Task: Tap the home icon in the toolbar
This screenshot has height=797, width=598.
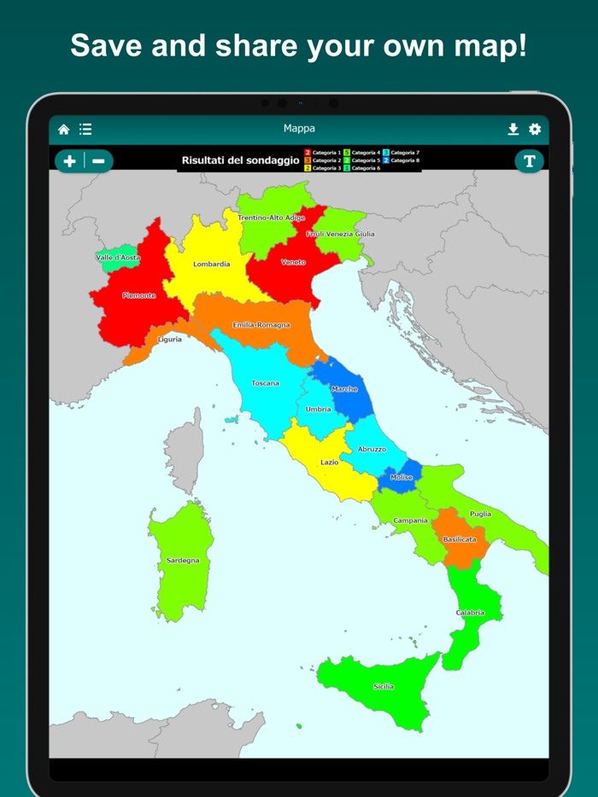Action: [x=64, y=130]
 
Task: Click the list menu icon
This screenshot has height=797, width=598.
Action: [x=85, y=130]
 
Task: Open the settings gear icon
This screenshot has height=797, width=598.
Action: [x=535, y=130]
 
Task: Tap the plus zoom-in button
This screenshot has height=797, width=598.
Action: [x=70, y=160]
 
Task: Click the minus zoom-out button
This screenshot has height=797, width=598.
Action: [x=99, y=160]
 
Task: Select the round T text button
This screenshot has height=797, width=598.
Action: [x=529, y=160]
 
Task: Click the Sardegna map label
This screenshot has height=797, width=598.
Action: [x=183, y=561]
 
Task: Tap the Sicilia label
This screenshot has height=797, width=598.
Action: [x=384, y=686]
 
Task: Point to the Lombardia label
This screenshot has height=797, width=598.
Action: [x=211, y=265]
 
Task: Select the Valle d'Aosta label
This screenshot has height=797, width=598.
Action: [x=118, y=257]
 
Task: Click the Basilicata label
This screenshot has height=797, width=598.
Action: [x=460, y=539]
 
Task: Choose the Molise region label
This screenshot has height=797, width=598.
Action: [x=402, y=478]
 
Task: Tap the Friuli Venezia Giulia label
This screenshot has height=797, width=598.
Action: [x=340, y=234]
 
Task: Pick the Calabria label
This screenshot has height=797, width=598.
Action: [x=470, y=613]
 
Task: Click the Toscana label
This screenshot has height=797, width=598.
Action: [x=265, y=383]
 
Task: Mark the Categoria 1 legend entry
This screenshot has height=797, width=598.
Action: [x=323, y=153]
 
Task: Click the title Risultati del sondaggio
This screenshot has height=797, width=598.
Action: [x=240, y=160]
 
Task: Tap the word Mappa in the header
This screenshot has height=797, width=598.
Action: [x=299, y=129]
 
